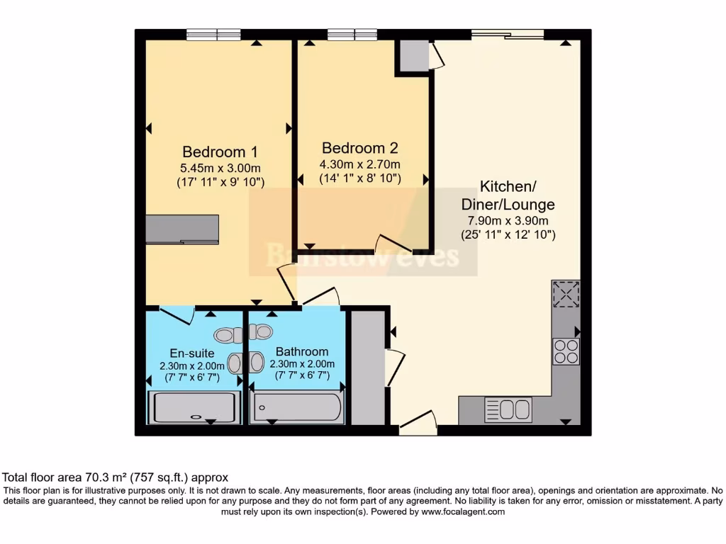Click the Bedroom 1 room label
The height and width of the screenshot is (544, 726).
pyautogui.click(x=220, y=152)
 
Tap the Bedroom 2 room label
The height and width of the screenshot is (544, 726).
pyautogui.click(x=360, y=148)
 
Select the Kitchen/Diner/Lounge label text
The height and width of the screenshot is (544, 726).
pyautogui.click(x=508, y=195)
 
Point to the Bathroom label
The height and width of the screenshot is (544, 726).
pyautogui.click(x=302, y=351)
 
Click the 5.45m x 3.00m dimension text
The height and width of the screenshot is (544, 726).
pyautogui.click(x=220, y=168)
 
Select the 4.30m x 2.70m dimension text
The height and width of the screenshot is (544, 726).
pyautogui.click(x=360, y=164)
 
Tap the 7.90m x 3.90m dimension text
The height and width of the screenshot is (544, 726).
pyautogui.click(x=508, y=220)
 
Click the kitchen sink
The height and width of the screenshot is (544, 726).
pyautogui.click(x=508, y=409)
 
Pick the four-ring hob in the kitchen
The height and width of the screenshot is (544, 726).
pyautogui.click(x=566, y=351)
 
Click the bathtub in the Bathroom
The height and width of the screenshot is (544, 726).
pyautogui.click(x=298, y=407)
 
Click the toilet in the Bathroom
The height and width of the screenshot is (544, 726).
pyautogui.click(x=262, y=331)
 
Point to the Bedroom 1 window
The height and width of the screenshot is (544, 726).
pyautogui.click(x=213, y=34)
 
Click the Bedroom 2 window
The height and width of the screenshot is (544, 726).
pyautogui.click(x=352, y=34)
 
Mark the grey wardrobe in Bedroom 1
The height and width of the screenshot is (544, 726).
pyautogui.click(x=182, y=229)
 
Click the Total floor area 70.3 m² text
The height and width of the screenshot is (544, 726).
pyautogui.click(x=116, y=478)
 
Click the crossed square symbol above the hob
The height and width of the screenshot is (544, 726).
pyautogui.click(x=566, y=295)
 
